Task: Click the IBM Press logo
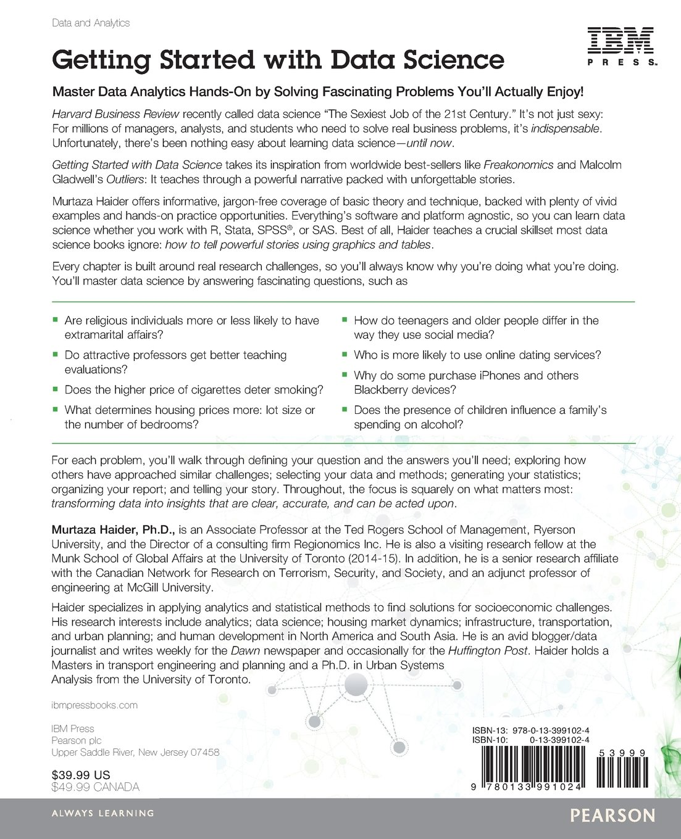tap(620, 46)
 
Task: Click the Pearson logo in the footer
tap(612, 816)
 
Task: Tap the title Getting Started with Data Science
tap(278, 60)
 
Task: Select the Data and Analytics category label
tap(91, 23)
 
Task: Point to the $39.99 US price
tap(81, 775)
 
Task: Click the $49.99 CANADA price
tap(95, 787)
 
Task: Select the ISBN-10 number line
tap(530, 740)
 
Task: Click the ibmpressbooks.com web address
tap(94, 705)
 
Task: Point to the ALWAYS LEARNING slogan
tap(102, 813)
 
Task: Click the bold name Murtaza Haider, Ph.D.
tap(114, 530)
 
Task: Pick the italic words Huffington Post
tap(488, 651)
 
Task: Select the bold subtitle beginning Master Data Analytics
tap(317, 92)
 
